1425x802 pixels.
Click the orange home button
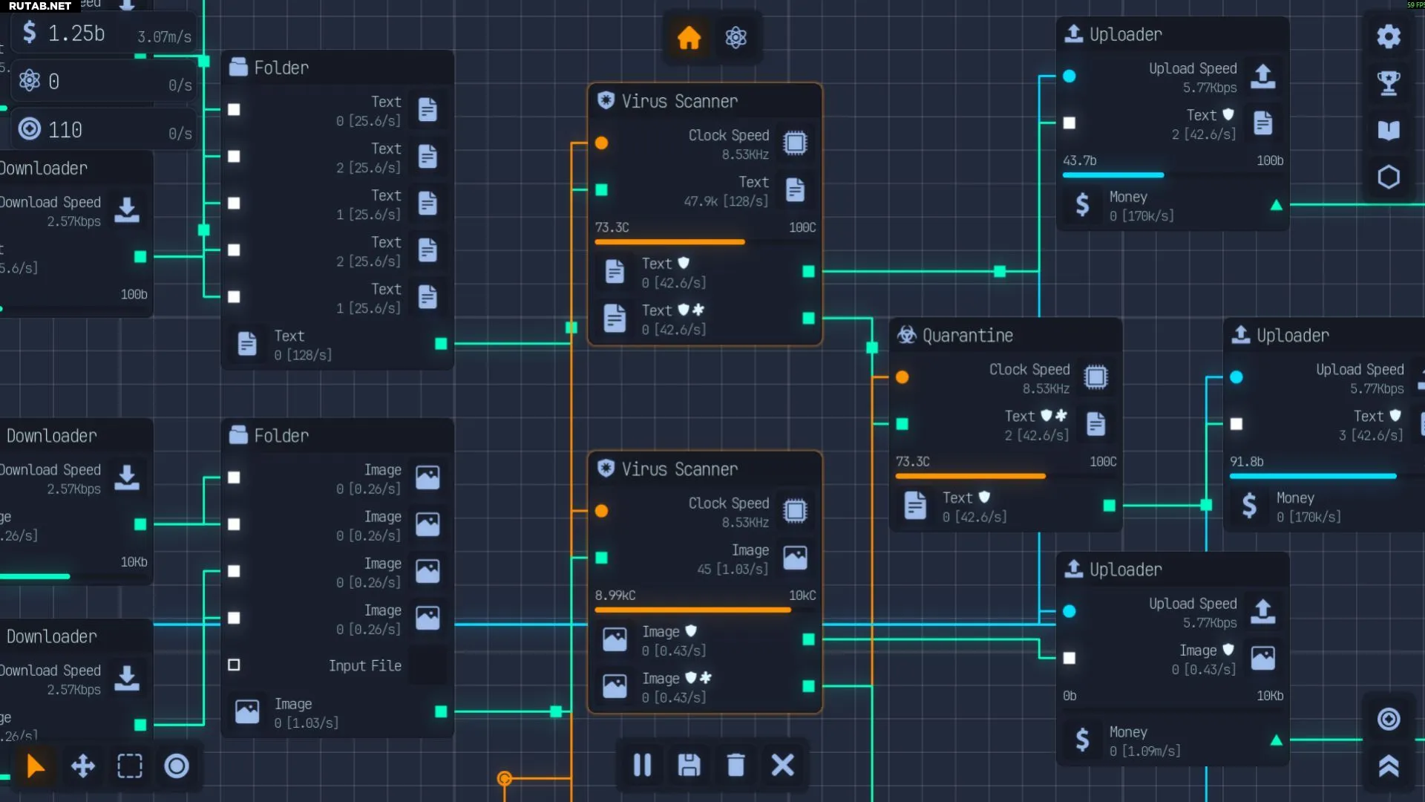(689, 37)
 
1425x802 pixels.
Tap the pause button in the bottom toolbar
(642, 765)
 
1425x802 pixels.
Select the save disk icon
(689, 765)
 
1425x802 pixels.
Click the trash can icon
(736, 765)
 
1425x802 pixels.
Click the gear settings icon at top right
(1389, 36)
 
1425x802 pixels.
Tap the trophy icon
(1389, 83)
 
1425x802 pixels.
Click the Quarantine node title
(967, 336)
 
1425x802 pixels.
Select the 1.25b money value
(76, 33)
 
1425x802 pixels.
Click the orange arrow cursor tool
(35, 766)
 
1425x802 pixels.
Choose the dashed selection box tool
(130, 766)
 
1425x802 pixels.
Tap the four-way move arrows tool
(82, 766)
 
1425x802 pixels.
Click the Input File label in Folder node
(364, 665)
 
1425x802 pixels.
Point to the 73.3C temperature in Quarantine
(912, 461)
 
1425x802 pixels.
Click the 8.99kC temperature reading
(615, 596)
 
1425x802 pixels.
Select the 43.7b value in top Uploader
(1079, 160)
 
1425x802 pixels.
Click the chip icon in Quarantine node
(1095, 377)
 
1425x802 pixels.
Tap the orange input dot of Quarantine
(902, 377)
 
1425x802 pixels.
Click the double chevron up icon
(1389, 766)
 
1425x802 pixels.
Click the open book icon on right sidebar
(1389, 130)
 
